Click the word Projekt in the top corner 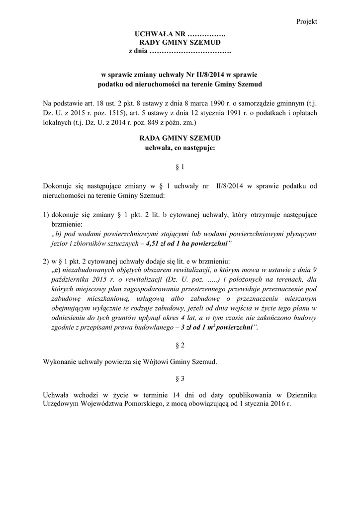306,21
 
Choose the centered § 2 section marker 180,344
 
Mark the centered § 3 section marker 180,378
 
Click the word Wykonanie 59,361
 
